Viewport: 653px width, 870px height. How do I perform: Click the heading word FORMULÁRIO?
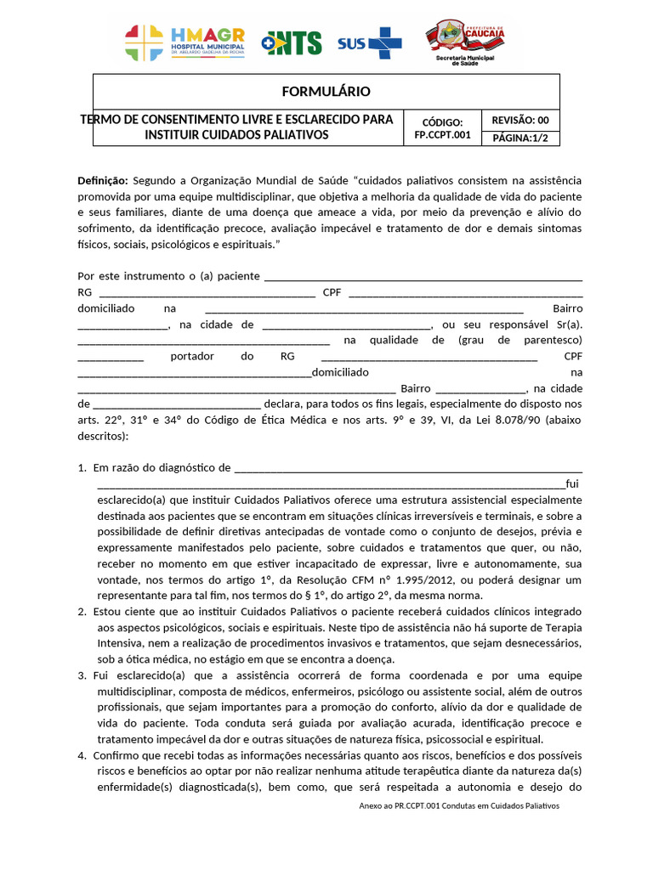[x=326, y=92]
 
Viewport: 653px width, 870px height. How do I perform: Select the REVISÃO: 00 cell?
[x=520, y=121]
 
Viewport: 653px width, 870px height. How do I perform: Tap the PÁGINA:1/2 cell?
[x=520, y=138]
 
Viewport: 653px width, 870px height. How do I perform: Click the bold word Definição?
[x=102, y=181]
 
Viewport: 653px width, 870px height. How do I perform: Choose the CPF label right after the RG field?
[x=332, y=292]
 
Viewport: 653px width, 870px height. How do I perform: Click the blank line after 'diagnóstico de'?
[x=408, y=468]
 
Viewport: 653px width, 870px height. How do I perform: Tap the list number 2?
[x=82, y=612]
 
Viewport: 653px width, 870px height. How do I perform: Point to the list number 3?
[x=82, y=675]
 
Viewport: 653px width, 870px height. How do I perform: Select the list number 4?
[x=82, y=755]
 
